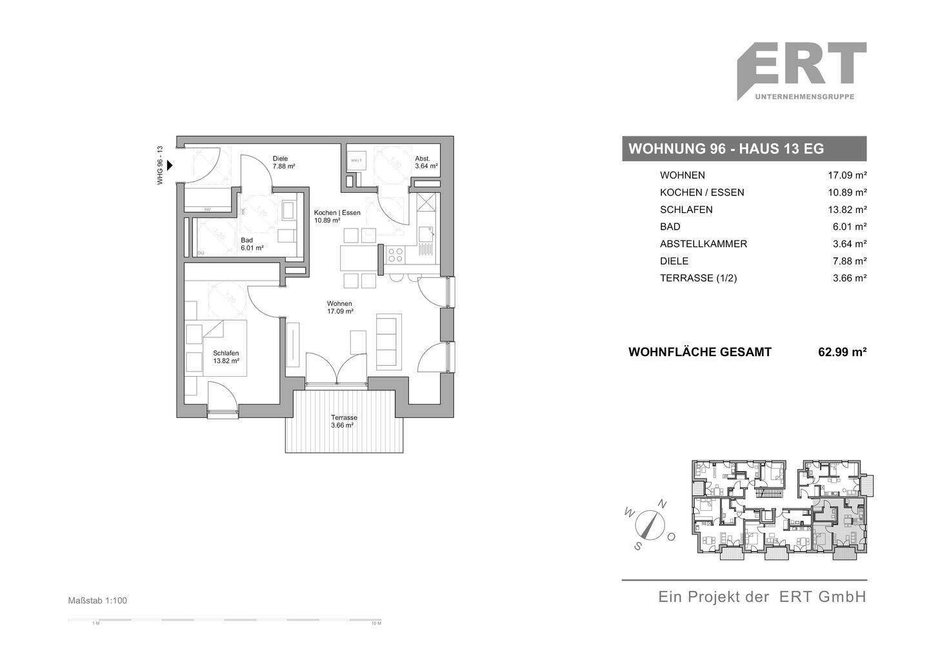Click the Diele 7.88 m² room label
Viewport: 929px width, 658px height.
coord(283,163)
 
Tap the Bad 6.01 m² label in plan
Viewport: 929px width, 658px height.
coord(252,244)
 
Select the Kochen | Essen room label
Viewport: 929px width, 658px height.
coord(337,216)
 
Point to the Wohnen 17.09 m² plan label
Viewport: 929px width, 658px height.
coord(339,307)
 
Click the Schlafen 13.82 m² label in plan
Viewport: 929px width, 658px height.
coord(226,357)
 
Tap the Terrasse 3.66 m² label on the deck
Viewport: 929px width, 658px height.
coord(343,421)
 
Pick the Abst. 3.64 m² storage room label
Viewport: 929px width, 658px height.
coord(426,163)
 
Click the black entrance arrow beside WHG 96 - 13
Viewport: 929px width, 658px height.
coord(170,165)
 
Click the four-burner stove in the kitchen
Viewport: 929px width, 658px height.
coord(394,255)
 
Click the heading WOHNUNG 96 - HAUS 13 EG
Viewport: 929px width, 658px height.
coord(726,149)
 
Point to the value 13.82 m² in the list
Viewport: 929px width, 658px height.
coord(847,210)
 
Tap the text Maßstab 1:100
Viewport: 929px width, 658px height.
coord(97,601)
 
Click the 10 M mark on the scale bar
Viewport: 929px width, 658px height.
coord(376,624)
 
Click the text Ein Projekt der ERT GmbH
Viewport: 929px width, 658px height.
coord(761,597)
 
